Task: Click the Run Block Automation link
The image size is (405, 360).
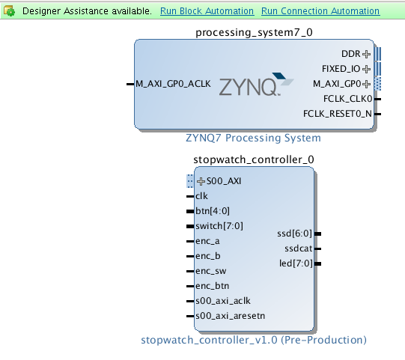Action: click(x=207, y=11)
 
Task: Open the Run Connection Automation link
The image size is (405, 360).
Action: click(x=320, y=11)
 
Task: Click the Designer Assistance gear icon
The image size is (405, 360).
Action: click(x=10, y=11)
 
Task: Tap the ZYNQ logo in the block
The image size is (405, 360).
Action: click(x=256, y=84)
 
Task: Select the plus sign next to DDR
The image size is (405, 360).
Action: click(x=366, y=54)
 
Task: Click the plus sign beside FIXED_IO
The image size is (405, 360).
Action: click(x=366, y=69)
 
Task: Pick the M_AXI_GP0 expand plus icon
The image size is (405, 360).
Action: click(x=366, y=84)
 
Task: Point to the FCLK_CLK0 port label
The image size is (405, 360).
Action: click(x=347, y=99)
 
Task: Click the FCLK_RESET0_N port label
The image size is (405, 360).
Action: click(x=338, y=114)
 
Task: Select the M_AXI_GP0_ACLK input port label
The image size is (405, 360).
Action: click(x=173, y=84)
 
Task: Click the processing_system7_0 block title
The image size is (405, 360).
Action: click(x=254, y=32)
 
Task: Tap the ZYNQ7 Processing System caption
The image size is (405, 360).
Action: click(x=253, y=138)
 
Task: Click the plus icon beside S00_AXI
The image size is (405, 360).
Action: click(x=201, y=181)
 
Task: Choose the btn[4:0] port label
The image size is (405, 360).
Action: click(x=213, y=211)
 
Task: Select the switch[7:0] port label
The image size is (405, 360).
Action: click(x=219, y=226)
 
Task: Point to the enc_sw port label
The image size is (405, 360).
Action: click(x=211, y=271)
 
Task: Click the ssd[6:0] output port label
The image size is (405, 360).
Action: click(x=294, y=234)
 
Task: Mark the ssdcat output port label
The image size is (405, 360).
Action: click(x=299, y=248)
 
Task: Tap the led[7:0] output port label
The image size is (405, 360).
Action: click(x=296, y=263)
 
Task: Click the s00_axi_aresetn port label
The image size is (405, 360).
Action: click(x=231, y=316)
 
